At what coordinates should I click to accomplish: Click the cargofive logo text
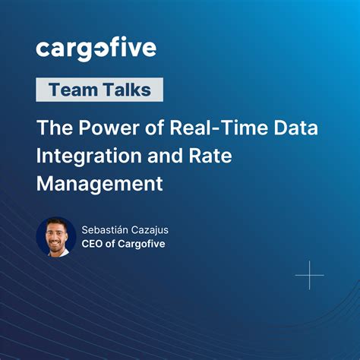pos(96,49)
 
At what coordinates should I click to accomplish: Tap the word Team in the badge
pos(72,90)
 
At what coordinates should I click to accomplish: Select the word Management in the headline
pos(100,183)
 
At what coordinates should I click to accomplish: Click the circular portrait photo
pos(56,237)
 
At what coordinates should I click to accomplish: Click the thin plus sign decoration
pos(309,274)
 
